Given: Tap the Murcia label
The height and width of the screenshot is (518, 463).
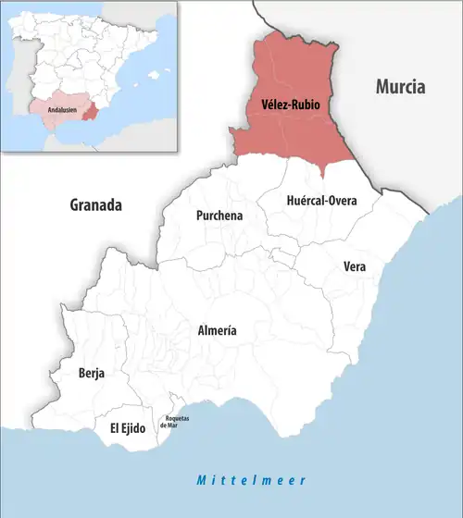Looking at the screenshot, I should (x=400, y=88).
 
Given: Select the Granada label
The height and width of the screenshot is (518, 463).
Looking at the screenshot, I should (x=96, y=205).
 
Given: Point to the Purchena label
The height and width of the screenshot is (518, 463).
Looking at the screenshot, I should (x=219, y=216).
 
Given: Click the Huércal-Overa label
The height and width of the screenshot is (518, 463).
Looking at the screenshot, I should (x=309, y=200).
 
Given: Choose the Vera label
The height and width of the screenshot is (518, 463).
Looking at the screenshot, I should (x=355, y=266).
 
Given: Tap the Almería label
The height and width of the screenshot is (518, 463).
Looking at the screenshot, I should (x=218, y=330).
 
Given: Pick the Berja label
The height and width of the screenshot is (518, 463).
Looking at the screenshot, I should (x=91, y=374).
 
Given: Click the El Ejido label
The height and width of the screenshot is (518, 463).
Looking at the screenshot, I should (x=127, y=428).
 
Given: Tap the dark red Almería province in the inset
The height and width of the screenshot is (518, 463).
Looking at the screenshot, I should (x=89, y=114).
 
